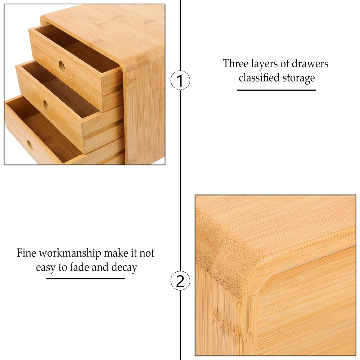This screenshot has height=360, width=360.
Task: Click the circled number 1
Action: pyautogui.click(x=180, y=80)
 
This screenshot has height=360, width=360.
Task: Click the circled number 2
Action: pyautogui.click(x=180, y=280)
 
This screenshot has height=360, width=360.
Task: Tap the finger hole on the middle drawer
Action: pyautogui.click(x=46, y=105)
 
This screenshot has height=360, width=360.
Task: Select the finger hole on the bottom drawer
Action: pyautogui.click(x=30, y=145)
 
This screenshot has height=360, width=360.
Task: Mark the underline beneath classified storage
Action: pyautogui.click(x=276, y=90)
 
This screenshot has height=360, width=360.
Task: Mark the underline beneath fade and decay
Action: pyautogui.click(x=85, y=279)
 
